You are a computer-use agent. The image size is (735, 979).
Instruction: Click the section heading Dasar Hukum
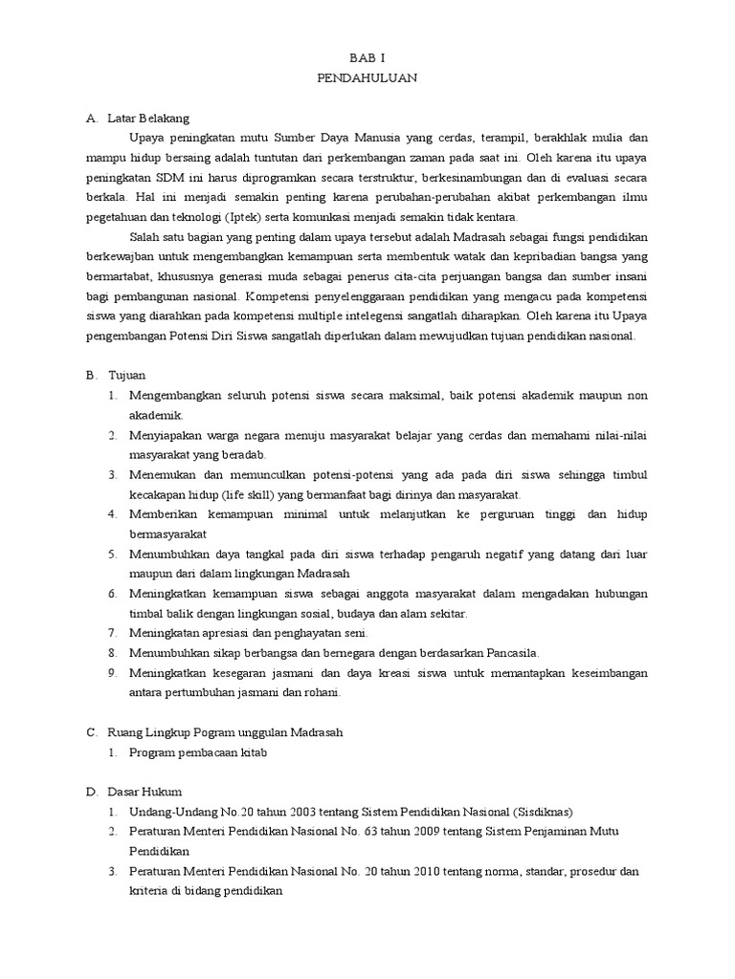point(145,792)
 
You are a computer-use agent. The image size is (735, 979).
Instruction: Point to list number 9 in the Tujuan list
point(112,673)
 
